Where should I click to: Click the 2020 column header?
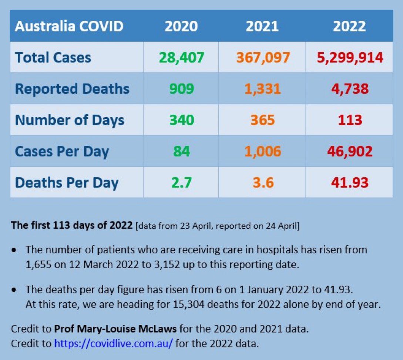coord(181,26)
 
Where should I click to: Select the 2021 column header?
coord(262,26)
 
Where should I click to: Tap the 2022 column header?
coord(349,26)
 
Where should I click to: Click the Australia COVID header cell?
coord(69,26)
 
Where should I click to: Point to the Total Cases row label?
coord(53,57)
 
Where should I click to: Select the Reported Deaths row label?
coord(72,89)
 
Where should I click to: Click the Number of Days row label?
coord(70,120)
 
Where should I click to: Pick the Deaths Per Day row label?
coord(67,182)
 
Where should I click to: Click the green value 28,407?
coord(181,57)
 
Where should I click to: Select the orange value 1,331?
coord(262,89)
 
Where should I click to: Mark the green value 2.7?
coord(181,182)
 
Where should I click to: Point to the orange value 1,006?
coord(262,151)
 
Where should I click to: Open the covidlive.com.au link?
coord(114,343)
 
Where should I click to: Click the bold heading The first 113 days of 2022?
coord(72,225)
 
